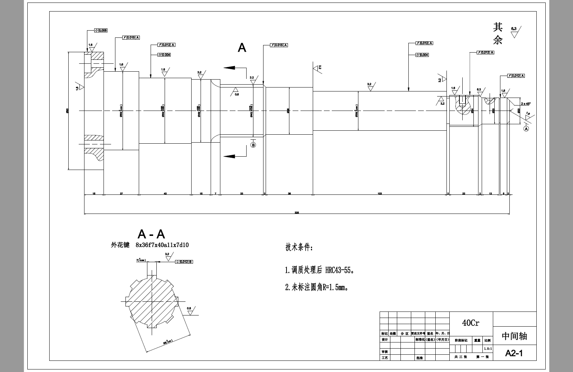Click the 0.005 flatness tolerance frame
point(101,31)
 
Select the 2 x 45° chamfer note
point(526,104)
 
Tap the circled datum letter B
point(253,145)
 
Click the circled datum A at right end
point(526,129)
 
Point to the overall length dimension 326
point(297,212)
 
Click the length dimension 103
point(380,194)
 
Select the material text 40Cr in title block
point(471,323)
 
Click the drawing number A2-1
point(514,353)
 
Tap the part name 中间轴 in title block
point(514,336)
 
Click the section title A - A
point(151,234)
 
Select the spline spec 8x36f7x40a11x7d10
point(162,245)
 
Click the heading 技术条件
point(299,248)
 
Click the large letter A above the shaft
point(242,48)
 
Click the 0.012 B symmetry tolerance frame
point(184,262)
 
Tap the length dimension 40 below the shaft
point(165,194)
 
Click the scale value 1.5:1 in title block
point(487,349)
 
